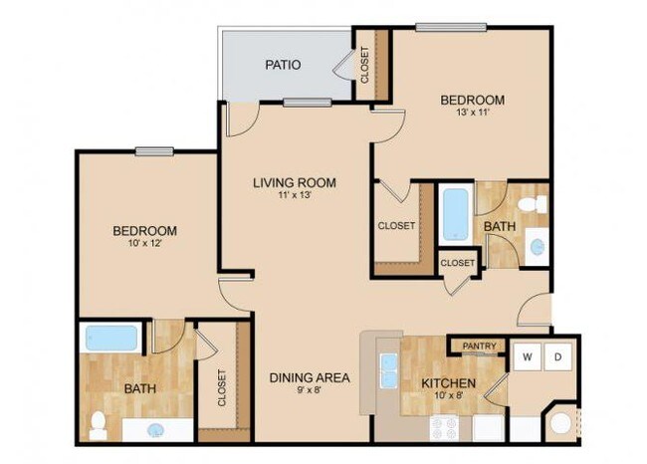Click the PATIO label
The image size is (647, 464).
[283, 66]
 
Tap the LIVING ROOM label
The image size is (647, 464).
[294, 182]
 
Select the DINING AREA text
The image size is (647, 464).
[310, 377]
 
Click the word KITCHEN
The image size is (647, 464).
[448, 383]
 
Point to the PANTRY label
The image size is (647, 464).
[479, 347]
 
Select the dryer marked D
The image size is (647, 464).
[557, 355]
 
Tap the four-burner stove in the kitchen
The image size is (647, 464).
[443, 428]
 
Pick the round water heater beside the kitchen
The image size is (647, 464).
[561, 423]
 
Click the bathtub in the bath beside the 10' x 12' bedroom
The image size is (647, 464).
[110, 338]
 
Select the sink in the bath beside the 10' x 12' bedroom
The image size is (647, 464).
[156, 430]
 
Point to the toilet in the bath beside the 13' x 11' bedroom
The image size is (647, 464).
[536, 204]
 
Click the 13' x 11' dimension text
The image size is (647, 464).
[472, 115]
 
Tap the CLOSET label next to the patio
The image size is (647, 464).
[364, 65]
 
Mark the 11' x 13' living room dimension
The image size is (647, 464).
[294, 195]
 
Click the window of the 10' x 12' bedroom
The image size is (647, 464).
[155, 151]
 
